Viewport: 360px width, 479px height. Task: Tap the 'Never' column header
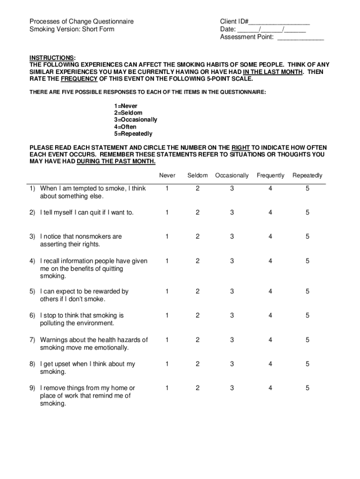(x=167, y=175)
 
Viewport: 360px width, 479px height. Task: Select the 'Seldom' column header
(x=197, y=175)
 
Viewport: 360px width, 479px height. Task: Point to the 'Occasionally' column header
(x=232, y=175)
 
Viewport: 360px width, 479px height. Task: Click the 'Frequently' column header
(x=270, y=175)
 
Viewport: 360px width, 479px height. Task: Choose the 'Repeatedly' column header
(x=307, y=175)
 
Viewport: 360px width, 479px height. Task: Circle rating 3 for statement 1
(x=232, y=189)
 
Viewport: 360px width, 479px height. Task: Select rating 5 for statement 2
(x=308, y=212)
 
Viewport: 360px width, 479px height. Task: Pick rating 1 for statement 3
(x=167, y=237)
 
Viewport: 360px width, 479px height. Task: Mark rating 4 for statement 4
(x=270, y=261)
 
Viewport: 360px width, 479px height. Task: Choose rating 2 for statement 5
(x=197, y=291)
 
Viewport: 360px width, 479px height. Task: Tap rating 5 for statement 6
(x=308, y=316)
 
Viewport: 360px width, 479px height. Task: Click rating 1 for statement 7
(x=167, y=340)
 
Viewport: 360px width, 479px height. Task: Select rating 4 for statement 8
(x=270, y=364)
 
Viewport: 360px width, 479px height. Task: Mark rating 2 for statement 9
(x=197, y=388)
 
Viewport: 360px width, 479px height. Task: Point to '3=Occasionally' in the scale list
(x=135, y=120)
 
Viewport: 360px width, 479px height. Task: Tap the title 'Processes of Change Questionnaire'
(x=81, y=22)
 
